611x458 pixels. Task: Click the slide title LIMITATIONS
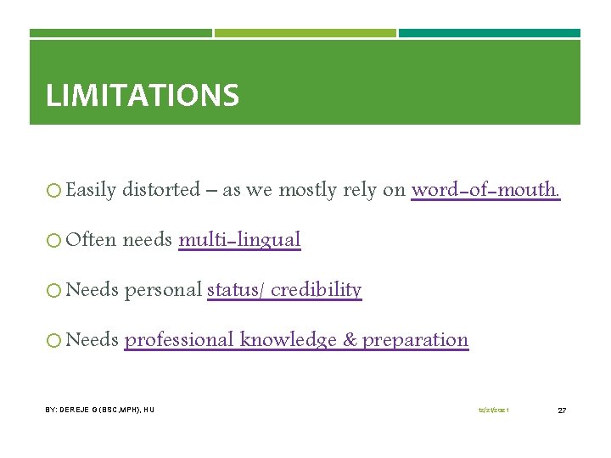(142, 95)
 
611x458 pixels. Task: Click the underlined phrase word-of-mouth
(485, 190)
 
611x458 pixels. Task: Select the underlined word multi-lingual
(239, 240)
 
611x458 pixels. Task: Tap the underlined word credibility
(317, 290)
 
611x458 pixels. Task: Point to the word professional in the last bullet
(179, 340)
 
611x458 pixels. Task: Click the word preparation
(415, 340)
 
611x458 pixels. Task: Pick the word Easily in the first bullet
(90, 190)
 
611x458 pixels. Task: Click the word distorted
(160, 190)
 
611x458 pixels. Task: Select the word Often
(91, 240)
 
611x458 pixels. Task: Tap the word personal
(163, 290)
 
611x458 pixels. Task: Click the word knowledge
(288, 340)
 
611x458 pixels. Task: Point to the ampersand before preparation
(350, 340)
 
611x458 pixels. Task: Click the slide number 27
(562, 411)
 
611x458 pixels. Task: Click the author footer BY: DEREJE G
(99, 411)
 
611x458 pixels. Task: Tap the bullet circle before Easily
(53, 190)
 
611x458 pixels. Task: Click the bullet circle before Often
(53, 240)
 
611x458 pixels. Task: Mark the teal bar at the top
(490, 33)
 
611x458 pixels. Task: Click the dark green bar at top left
(121, 33)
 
